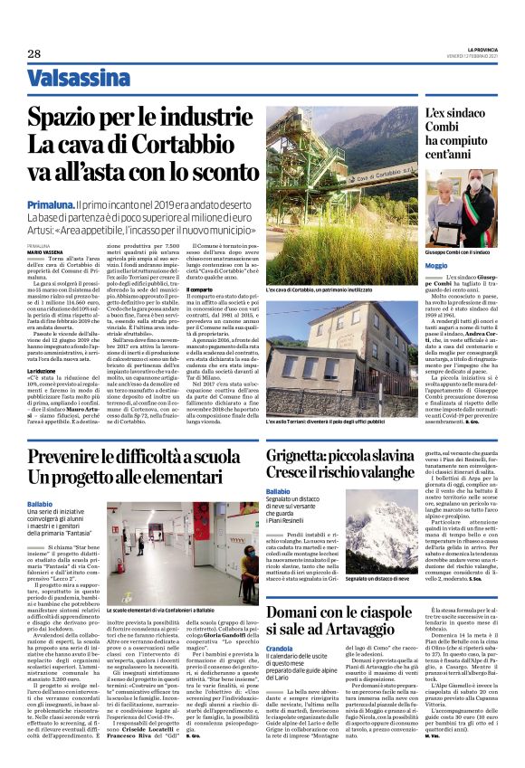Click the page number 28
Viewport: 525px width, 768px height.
34,54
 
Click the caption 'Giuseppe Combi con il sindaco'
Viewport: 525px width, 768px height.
458,251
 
